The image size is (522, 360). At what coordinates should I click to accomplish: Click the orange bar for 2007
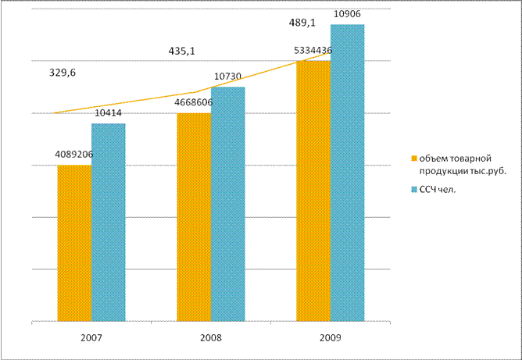74,243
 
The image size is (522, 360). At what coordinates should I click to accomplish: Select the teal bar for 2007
108,223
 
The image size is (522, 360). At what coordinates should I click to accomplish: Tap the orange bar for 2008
194,217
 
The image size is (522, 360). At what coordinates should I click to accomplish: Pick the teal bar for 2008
227,204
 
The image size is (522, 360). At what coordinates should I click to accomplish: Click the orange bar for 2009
313,191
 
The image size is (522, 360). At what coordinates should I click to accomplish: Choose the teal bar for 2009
347,173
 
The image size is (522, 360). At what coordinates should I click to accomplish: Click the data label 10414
108,114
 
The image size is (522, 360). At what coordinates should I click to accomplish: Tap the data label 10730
227,77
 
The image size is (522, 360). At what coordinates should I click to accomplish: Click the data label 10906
347,15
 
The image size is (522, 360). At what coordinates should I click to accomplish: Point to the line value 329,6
63,73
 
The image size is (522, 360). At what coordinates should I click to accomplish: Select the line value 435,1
182,51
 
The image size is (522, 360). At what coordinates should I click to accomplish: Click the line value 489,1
302,23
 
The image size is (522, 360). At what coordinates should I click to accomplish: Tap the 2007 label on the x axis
91,340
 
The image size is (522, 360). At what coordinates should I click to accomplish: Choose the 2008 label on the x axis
211,340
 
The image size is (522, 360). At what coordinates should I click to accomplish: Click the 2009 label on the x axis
330,340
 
